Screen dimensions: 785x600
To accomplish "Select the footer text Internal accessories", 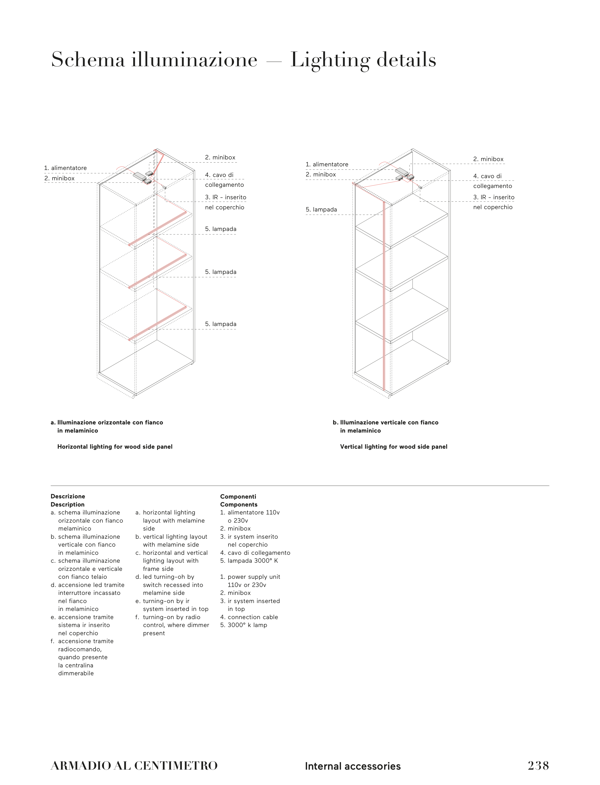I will pos(353,766).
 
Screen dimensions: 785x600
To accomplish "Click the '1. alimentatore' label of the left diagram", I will pos(65,168).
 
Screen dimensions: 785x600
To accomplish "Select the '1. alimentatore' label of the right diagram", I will pos(327,164).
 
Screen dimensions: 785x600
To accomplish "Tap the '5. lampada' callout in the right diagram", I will pos(321,210).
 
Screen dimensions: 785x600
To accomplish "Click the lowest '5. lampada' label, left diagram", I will pos(220,324).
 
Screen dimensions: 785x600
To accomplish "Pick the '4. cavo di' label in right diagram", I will pos(487,176).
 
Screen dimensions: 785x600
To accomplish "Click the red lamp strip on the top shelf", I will pos(157,228).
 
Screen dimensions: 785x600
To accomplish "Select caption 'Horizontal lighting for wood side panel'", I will pos(115,447).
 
